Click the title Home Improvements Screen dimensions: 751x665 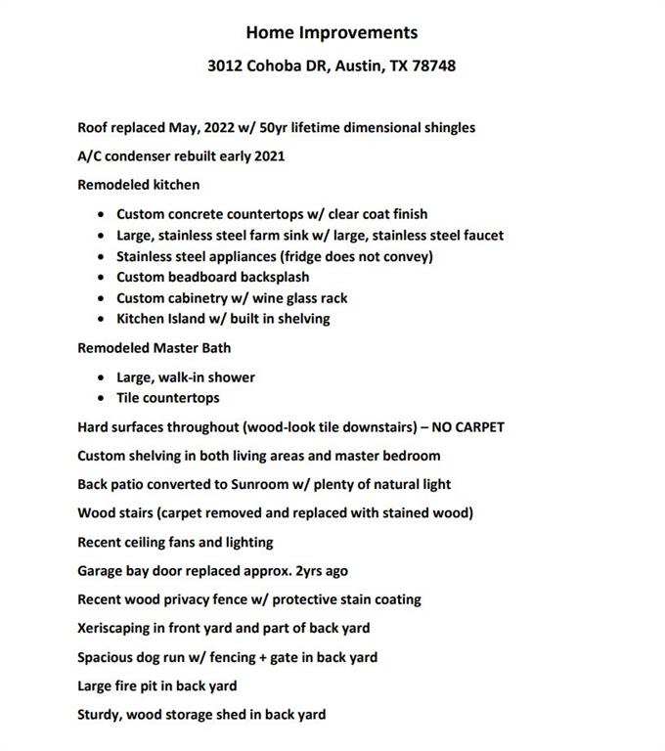pyautogui.click(x=332, y=32)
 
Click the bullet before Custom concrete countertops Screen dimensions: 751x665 pyautogui.click(x=103, y=214)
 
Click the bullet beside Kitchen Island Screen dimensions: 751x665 pyautogui.click(x=103, y=319)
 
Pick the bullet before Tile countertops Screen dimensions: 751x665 pyautogui.click(x=103, y=398)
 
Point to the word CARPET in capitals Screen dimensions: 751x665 pyautogui.click(x=476, y=426)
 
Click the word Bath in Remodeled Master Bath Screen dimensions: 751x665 pyautogui.click(x=216, y=347)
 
